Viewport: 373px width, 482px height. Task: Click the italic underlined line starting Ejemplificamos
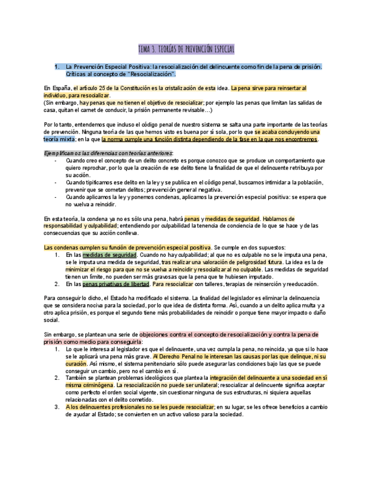click(x=100, y=153)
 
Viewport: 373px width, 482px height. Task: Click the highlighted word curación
click(x=76, y=363)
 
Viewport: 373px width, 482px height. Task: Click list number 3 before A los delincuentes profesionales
click(x=58, y=406)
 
